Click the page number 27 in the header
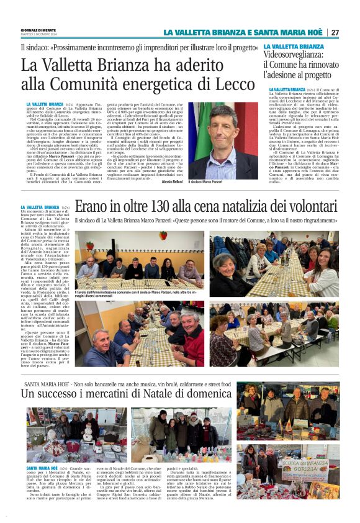point(335,32)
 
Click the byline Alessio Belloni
point(171,181)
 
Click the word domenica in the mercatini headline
point(209,394)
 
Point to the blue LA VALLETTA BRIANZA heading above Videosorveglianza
point(293,47)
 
